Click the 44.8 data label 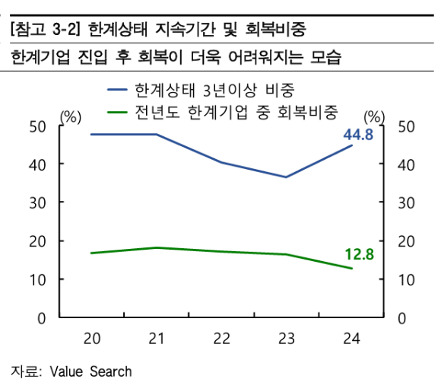(357, 135)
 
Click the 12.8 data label (359, 254)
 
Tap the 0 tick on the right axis (402, 317)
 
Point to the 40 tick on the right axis (406, 164)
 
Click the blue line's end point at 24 (351, 145)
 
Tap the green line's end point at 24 (351, 268)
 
